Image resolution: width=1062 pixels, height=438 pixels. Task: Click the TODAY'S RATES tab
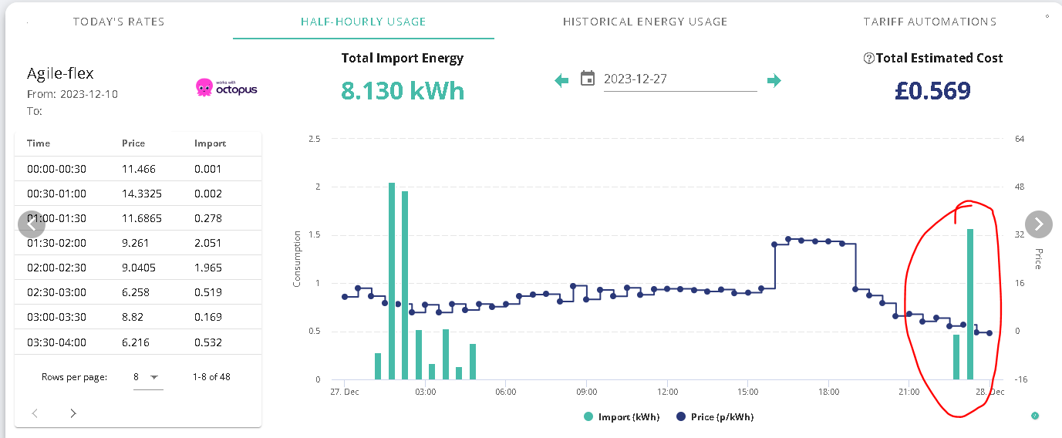tap(119, 22)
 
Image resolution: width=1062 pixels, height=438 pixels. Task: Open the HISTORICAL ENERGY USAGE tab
tap(645, 22)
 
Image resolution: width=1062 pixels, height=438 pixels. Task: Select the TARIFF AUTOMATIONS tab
tap(929, 22)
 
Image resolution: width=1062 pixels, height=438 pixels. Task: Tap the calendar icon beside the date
tap(588, 78)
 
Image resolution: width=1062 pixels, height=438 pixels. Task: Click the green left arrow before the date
tap(561, 80)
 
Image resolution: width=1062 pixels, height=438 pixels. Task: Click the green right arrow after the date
tap(774, 80)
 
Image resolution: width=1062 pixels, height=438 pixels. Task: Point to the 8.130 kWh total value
tap(403, 90)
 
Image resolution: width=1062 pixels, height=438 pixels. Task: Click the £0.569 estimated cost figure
tap(932, 90)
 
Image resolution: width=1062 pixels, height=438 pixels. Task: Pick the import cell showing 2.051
tap(207, 243)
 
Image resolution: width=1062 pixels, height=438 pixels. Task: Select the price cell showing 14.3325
tap(142, 194)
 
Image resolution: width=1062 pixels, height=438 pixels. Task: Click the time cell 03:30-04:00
tap(56, 342)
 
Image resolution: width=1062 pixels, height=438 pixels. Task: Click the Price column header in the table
tap(133, 143)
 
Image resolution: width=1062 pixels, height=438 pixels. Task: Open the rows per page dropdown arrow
tap(154, 377)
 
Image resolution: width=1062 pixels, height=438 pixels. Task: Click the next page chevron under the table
tap(73, 413)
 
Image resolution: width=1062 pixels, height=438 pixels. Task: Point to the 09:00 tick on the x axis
tap(586, 392)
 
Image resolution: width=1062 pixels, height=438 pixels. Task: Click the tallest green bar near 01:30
tap(392, 281)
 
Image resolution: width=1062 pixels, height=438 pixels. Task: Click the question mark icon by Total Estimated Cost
tap(868, 59)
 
